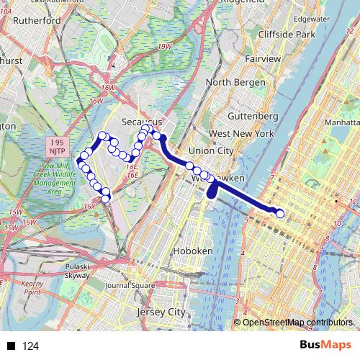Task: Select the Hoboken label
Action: [194, 251]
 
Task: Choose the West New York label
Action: [240, 134]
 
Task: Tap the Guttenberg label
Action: [252, 116]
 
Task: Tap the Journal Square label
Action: [130, 285]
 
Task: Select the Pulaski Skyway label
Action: [78, 270]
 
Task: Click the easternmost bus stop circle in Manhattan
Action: [279, 212]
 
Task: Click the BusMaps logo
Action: [321, 345]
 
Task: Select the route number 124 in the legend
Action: [31, 346]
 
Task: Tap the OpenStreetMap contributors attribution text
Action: [297, 323]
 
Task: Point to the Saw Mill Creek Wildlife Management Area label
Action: [55, 179]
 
